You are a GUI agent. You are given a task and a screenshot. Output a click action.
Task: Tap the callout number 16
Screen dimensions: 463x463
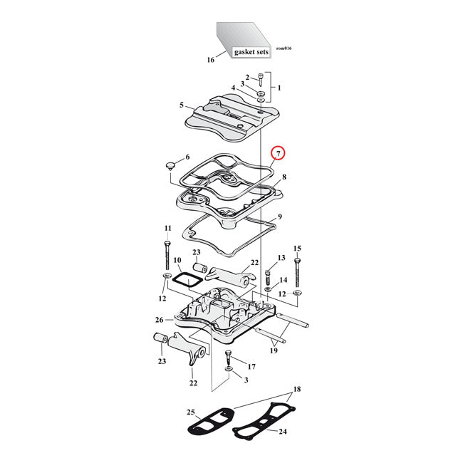pos(211,60)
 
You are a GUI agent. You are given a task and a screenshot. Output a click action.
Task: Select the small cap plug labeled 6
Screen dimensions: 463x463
pos(170,165)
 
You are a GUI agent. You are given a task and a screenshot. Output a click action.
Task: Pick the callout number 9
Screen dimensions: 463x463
pos(280,217)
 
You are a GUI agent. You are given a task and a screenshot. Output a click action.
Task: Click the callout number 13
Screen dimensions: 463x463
pos(281,257)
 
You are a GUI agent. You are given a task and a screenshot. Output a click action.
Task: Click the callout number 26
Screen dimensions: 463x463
pos(160,320)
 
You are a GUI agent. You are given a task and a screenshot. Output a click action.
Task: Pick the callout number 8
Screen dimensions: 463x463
pos(283,177)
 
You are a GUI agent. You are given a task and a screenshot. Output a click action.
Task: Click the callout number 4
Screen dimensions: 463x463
pos(233,88)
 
